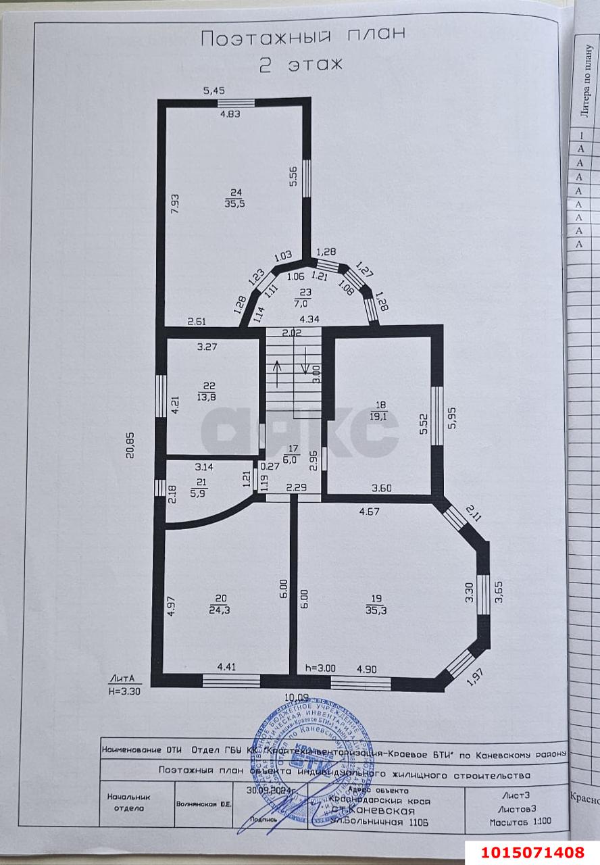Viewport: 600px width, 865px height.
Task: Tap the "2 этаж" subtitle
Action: click(302, 64)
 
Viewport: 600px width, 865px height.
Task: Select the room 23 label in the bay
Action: click(305, 293)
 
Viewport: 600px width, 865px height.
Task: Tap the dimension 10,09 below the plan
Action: click(298, 697)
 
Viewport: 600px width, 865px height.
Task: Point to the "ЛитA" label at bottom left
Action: click(122, 678)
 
